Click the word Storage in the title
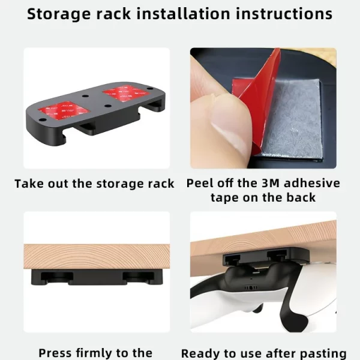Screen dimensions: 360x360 pyautogui.click(x=59, y=14)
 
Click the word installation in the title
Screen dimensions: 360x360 pyautogui.click(x=183, y=14)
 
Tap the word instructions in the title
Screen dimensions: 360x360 pyautogui.click(x=284, y=14)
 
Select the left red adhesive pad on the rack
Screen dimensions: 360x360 pyautogui.click(x=64, y=110)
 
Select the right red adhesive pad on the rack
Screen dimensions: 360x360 pyautogui.click(x=126, y=93)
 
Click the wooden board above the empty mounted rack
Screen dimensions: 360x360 pyautogui.click(x=97, y=256)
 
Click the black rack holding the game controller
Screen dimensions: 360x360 pyautogui.click(x=266, y=257)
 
